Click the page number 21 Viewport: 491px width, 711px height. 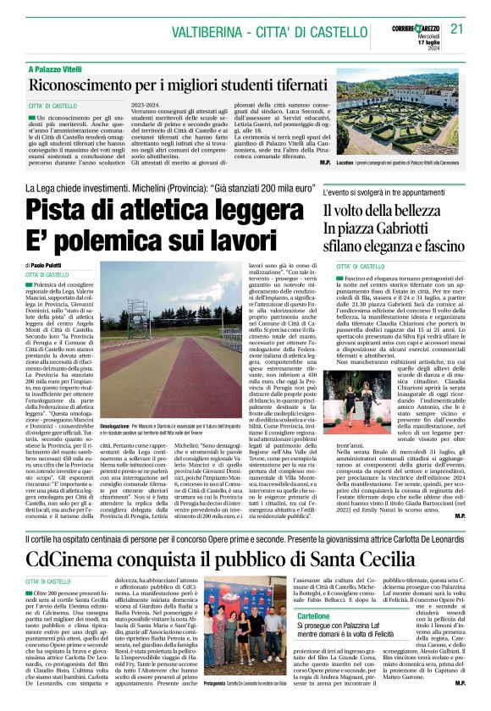[458, 29]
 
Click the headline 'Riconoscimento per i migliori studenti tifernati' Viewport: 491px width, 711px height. [179, 85]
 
